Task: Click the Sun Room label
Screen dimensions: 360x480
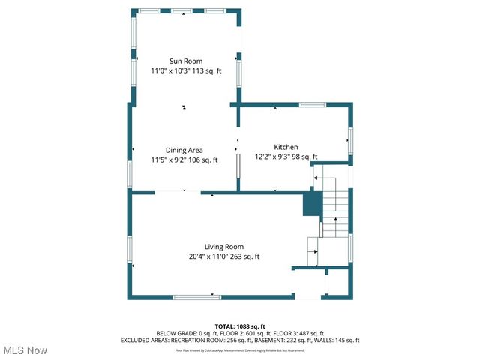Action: click(x=185, y=61)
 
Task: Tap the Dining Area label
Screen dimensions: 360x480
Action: click(x=184, y=150)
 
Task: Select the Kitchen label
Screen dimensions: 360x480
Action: click(x=286, y=147)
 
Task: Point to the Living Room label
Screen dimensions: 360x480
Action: click(x=224, y=247)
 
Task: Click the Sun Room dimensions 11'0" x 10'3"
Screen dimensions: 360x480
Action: click(x=172, y=71)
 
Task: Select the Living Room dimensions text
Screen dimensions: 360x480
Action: click(x=224, y=256)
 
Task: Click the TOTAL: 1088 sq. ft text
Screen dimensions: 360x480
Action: click(x=240, y=325)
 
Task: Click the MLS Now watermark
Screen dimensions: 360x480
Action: click(x=25, y=350)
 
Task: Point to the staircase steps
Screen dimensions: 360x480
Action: click(x=335, y=206)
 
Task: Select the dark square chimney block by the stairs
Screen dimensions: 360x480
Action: click(x=311, y=204)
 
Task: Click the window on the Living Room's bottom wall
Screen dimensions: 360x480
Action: click(x=196, y=297)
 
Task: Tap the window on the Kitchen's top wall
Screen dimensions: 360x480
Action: click(x=311, y=105)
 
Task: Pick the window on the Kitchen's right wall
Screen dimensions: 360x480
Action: click(x=349, y=140)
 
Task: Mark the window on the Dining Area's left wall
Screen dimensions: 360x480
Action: click(x=130, y=174)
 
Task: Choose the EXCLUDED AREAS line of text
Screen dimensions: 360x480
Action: click(x=240, y=340)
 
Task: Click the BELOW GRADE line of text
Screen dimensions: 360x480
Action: click(x=240, y=333)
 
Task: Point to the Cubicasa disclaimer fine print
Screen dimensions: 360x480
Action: click(x=240, y=350)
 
